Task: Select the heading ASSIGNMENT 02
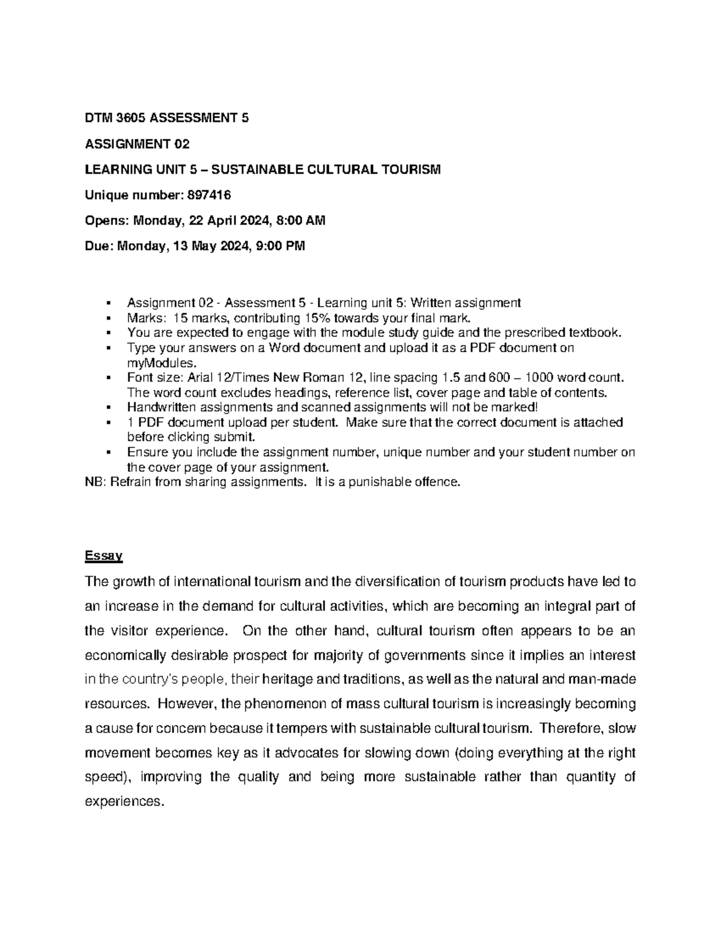coord(138,144)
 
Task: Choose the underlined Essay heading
coord(103,556)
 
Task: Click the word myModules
coord(161,363)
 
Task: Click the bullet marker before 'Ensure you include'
coord(108,452)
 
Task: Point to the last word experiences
coord(124,801)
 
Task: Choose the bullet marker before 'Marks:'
coord(108,318)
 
